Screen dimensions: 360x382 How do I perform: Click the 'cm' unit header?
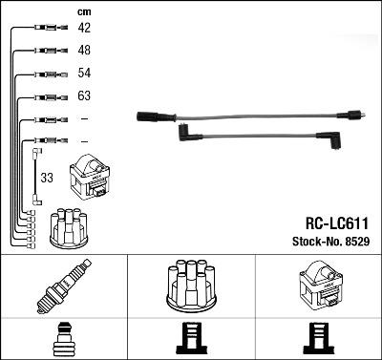(x=84, y=11)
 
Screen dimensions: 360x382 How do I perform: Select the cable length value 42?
(x=84, y=29)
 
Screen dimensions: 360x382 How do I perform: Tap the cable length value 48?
(x=84, y=51)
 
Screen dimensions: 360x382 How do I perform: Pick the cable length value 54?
(x=84, y=74)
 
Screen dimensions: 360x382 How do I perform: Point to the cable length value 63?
(x=84, y=96)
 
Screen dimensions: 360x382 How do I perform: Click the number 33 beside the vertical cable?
(x=47, y=178)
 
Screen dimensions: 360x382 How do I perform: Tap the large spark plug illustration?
(x=63, y=287)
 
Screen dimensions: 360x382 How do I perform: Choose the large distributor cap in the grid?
(x=191, y=286)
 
